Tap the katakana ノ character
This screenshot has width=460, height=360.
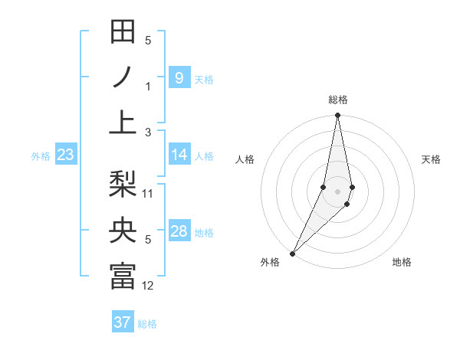tap(123, 77)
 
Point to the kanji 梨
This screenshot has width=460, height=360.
tap(123, 184)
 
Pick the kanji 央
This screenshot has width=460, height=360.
tap(123, 231)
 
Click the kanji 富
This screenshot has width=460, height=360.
tap(123, 276)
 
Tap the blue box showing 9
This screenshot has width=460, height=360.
tap(179, 77)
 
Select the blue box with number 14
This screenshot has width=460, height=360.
tap(179, 155)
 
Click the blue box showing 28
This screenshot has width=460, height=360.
tap(179, 231)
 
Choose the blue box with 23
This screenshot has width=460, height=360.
tap(66, 155)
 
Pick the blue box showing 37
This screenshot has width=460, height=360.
tap(123, 322)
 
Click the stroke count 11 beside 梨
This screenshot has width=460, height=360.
tap(148, 193)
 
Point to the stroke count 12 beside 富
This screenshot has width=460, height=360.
tap(148, 286)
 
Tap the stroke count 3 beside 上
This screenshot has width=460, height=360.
tap(148, 133)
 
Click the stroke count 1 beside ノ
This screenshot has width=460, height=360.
tap(148, 87)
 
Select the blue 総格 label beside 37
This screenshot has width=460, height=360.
tap(147, 324)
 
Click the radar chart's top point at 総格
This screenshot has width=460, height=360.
tap(337, 116)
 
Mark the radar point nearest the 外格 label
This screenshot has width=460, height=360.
tap(293, 252)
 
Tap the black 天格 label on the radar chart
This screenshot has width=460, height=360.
tap(432, 159)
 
